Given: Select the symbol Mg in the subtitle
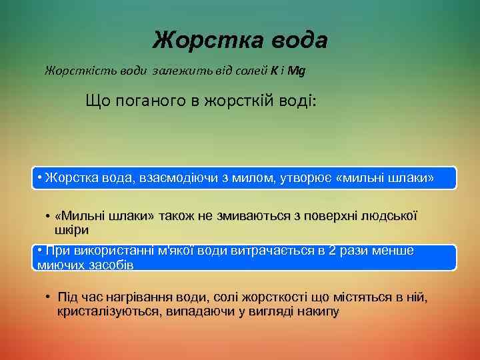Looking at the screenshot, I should coord(297,70).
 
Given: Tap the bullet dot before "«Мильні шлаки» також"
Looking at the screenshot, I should coord(49,217).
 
